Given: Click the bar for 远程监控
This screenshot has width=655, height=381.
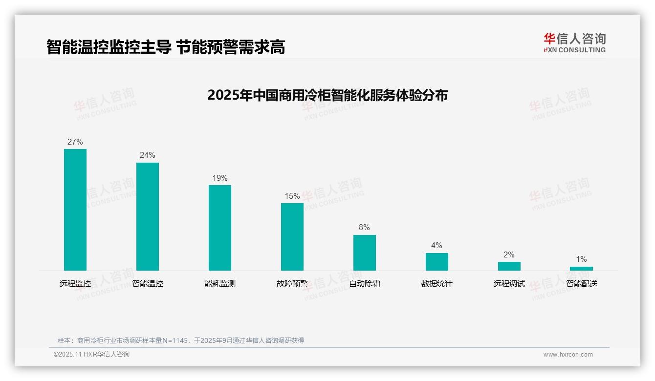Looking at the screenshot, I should [75, 210].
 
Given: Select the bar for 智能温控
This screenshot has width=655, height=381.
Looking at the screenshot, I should [148, 216].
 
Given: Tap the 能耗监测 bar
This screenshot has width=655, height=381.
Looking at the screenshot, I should [220, 228].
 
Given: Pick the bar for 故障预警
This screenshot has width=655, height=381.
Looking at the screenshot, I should [292, 237].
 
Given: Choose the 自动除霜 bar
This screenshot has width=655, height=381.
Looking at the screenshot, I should [365, 253].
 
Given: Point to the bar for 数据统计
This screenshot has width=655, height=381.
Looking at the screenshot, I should [437, 262].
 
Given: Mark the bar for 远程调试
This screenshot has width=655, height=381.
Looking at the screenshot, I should [509, 266].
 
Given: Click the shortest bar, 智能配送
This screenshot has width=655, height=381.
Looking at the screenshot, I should [581, 269].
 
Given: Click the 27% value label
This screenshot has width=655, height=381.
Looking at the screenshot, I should [75, 142].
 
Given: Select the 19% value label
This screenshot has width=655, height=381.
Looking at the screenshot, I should [220, 178].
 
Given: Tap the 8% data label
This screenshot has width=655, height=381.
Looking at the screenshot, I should [364, 228].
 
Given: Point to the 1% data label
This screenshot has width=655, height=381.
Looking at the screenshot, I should [581, 259].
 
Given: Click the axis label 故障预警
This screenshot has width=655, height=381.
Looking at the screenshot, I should [292, 284].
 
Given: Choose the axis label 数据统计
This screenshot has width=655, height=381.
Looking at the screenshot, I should [437, 284].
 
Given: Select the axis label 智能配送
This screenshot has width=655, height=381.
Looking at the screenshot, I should [582, 284].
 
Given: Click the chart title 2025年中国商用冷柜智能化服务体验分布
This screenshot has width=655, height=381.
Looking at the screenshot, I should [327, 95].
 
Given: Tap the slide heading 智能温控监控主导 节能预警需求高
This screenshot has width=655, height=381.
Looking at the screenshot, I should [166, 47].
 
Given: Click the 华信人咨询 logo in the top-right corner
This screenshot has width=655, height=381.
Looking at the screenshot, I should [574, 43].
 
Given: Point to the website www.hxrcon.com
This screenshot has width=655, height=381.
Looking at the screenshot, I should [568, 355].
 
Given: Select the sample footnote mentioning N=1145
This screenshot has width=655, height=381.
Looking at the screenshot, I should [181, 340].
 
